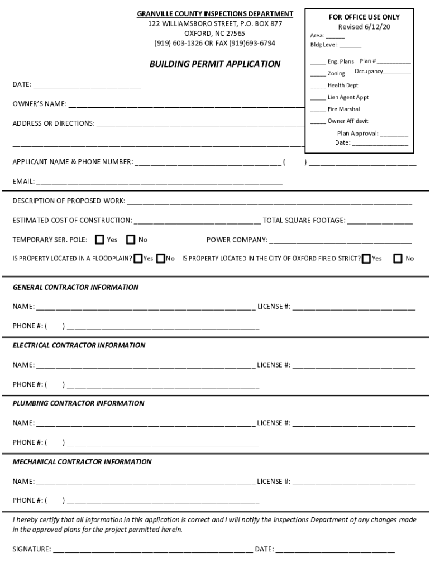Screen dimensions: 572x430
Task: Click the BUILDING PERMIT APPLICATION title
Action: click(x=214, y=64)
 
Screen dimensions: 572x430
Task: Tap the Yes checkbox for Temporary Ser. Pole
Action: click(x=99, y=240)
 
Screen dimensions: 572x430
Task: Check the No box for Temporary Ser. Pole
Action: click(x=131, y=240)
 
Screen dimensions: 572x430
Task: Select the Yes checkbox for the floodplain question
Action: click(x=137, y=259)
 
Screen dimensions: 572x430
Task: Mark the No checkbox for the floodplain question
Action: click(x=160, y=259)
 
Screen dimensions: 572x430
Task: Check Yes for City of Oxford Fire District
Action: click(x=366, y=259)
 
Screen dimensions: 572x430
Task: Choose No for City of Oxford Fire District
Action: click(x=398, y=259)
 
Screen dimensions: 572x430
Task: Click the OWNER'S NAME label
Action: click(x=40, y=104)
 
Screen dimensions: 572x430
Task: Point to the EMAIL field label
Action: click(x=23, y=182)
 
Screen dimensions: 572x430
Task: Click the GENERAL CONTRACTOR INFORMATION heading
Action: click(x=75, y=287)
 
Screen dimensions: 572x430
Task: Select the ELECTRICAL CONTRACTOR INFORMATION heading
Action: click(x=79, y=345)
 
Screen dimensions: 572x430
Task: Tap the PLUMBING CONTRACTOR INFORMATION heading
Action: click(x=78, y=403)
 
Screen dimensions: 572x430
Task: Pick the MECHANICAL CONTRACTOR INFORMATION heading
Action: click(x=82, y=462)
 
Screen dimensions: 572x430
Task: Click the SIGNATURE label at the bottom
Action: click(x=32, y=549)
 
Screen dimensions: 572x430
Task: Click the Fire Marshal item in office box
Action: click(x=343, y=109)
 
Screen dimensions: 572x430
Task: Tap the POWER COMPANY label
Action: click(x=237, y=240)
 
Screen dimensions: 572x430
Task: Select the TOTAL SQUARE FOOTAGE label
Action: click(x=304, y=221)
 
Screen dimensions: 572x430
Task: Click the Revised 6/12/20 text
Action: click(x=364, y=27)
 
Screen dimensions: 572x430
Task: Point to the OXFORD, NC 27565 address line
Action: click(x=214, y=34)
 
